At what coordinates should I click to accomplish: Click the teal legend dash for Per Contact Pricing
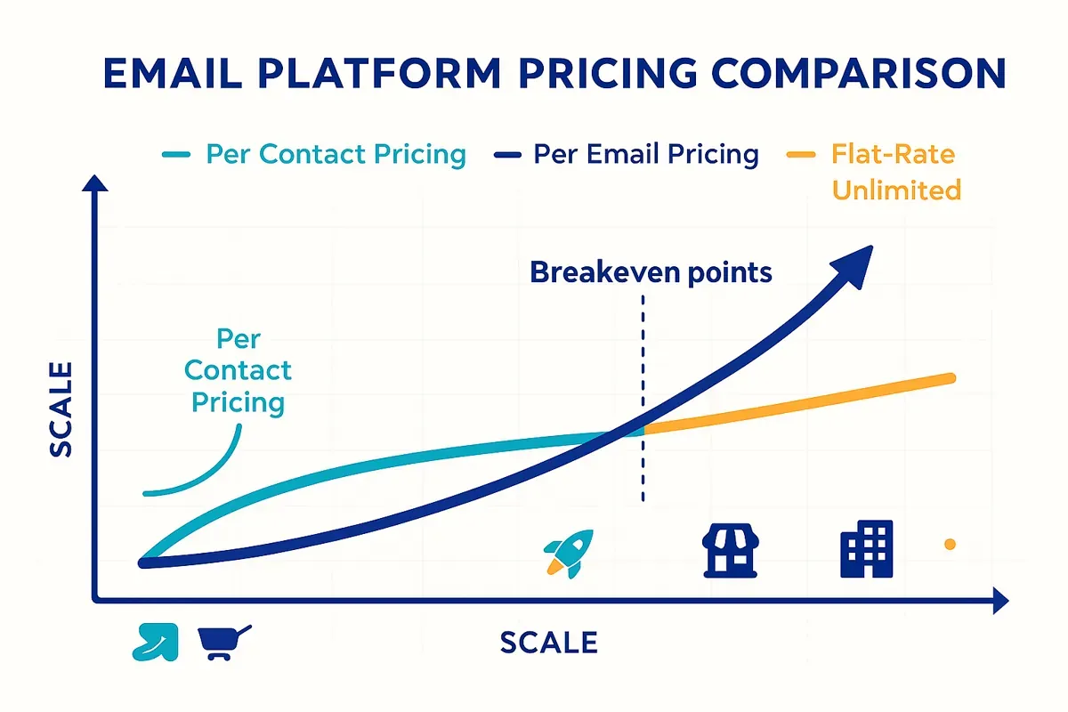pyautogui.click(x=175, y=155)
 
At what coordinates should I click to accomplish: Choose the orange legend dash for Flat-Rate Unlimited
pyautogui.click(x=801, y=155)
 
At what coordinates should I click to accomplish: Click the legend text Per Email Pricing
pyautogui.click(x=645, y=155)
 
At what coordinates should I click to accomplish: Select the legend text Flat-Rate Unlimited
pyautogui.click(x=895, y=172)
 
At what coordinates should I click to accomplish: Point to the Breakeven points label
pyautogui.click(x=651, y=272)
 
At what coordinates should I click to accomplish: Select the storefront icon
pyautogui.click(x=729, y=549)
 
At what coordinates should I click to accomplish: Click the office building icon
pyautogui.click(x=866, y=548)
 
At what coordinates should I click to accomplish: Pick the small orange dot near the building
pyautogui.click(x=950, y=544)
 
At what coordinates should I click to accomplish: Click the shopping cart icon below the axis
pyautogui.click(x=223, y=641)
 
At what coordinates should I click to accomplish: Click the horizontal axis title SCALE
pyautogui.click(x=548, y=643)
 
